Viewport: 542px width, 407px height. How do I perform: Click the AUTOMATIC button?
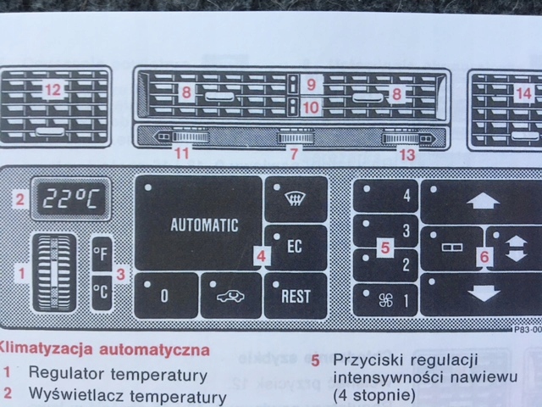pos(197,224)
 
